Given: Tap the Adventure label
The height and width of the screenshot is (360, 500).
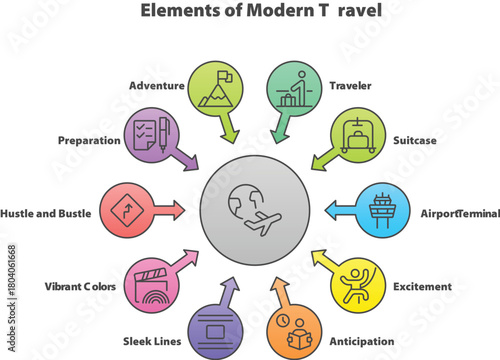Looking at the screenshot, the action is [x=157, y=86].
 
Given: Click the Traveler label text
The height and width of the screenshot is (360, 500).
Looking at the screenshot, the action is [x=350, y=86].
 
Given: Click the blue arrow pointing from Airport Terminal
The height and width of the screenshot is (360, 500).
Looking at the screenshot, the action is [x=339, y=209].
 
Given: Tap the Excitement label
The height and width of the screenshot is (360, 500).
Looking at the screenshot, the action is [x=423, y=287].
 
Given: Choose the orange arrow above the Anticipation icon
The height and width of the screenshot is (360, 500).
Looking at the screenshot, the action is [x=280, y=294].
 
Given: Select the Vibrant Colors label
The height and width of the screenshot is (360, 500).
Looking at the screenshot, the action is [x=80, y=287].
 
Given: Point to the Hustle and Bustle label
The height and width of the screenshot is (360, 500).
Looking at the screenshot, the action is [x=46, y=213].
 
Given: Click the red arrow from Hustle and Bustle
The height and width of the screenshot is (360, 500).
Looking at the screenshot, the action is [x=170, y=210].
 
